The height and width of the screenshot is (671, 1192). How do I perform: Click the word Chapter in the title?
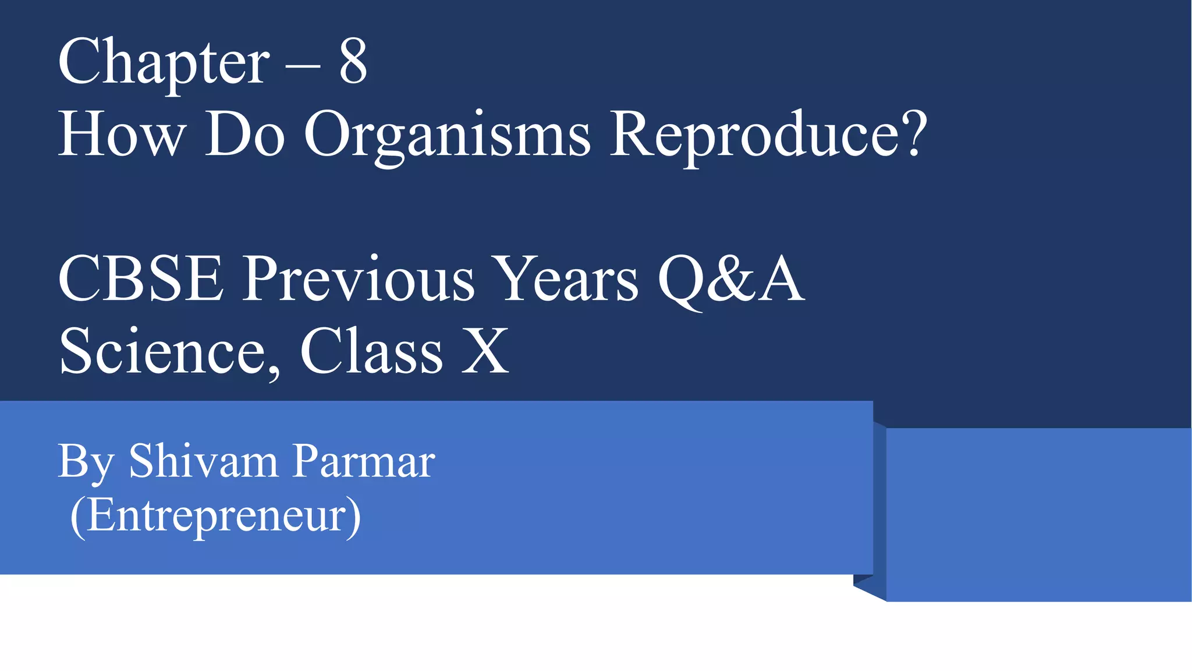(x=164, y=63)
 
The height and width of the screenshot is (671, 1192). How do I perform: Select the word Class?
(x=371, y=351)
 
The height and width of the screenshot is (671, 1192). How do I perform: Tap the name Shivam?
(x=203, y=461)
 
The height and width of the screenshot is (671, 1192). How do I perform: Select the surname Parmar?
(x=364, y=461)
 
